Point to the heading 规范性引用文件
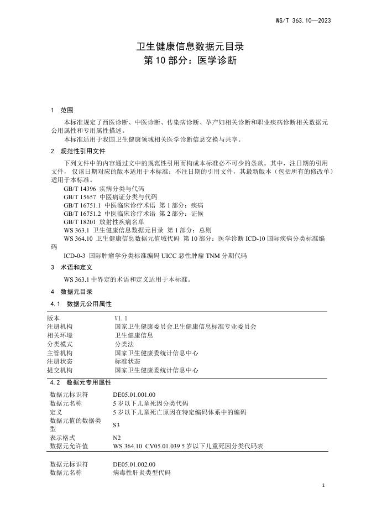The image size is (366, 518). click(82, 151)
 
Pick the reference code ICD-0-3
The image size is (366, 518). click(74, 255)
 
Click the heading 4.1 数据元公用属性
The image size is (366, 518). click(81, 304)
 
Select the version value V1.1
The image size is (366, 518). click(121, 318)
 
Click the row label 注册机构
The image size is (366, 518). click(59, 327)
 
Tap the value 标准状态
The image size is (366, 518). click(127, 361)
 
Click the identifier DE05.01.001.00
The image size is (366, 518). click(134, 395)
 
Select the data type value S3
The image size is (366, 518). click(117, 425)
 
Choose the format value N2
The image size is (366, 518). click(117, 437)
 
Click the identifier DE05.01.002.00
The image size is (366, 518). click(134, 464)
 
